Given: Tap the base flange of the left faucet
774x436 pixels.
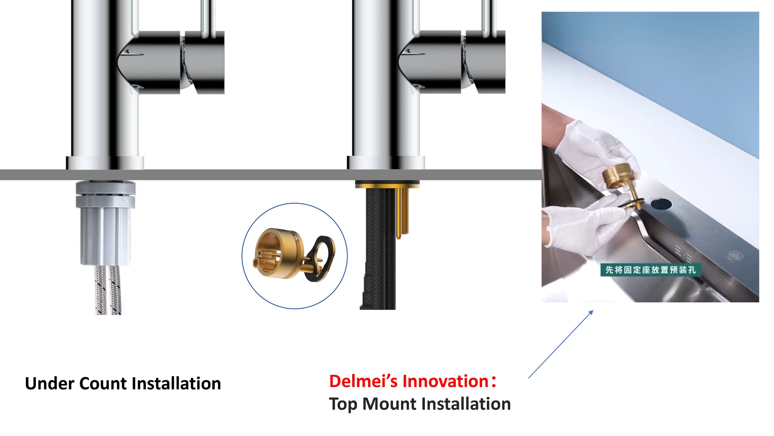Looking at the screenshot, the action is pyautogui.click(x=105, y=163).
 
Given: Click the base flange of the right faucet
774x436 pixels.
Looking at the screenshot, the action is pyautogui.click(x=386, y=163).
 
